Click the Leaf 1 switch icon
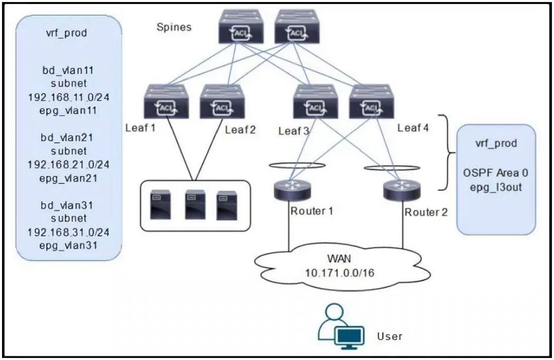point(166,102)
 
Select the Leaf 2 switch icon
point(222,102)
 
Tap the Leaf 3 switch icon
point(316,102)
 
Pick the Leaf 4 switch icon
point(372,102)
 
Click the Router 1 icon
point(292,190)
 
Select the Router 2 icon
point(402,190)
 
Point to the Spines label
point(174,27)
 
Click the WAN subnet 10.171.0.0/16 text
point(339,273)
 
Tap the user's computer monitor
point(349,337)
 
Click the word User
point(390,336)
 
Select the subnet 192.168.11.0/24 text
point(68,97)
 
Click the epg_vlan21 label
point(68,178)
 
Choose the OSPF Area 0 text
point(496,173)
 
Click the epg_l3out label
point(496,187)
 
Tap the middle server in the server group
point(196,205)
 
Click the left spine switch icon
point(241,27)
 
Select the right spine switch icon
point(297,27)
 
